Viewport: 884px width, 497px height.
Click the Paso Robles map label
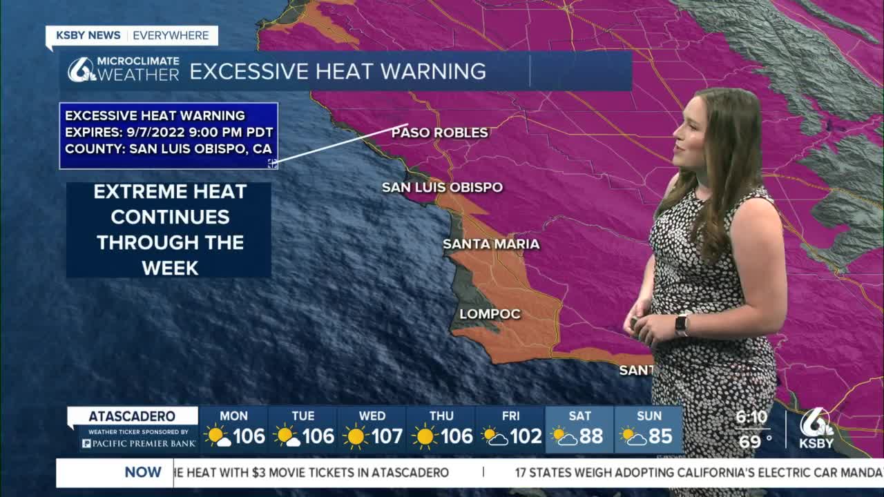point(440,133)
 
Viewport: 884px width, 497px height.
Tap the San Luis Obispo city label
point(442,187)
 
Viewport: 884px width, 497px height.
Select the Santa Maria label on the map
point(491,244)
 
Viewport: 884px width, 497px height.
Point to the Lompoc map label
point(490,314)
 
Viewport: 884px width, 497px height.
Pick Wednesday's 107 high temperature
point(387,436)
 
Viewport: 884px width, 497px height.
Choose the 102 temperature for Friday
point(526,436)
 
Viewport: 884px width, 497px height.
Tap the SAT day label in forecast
point(579,416)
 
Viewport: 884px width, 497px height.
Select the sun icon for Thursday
point(424,436)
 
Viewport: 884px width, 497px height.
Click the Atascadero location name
point(132,416)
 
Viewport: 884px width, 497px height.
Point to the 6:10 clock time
point(751,417)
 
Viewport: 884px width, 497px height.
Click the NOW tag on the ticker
point(143,473)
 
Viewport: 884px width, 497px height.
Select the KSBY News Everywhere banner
point(131,35)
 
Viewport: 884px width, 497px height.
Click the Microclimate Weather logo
point(123,70)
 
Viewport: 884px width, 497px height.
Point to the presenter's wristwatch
point(682,324)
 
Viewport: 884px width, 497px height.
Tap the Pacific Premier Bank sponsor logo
point(138,443)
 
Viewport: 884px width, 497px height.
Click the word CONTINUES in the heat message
point(170,216)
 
